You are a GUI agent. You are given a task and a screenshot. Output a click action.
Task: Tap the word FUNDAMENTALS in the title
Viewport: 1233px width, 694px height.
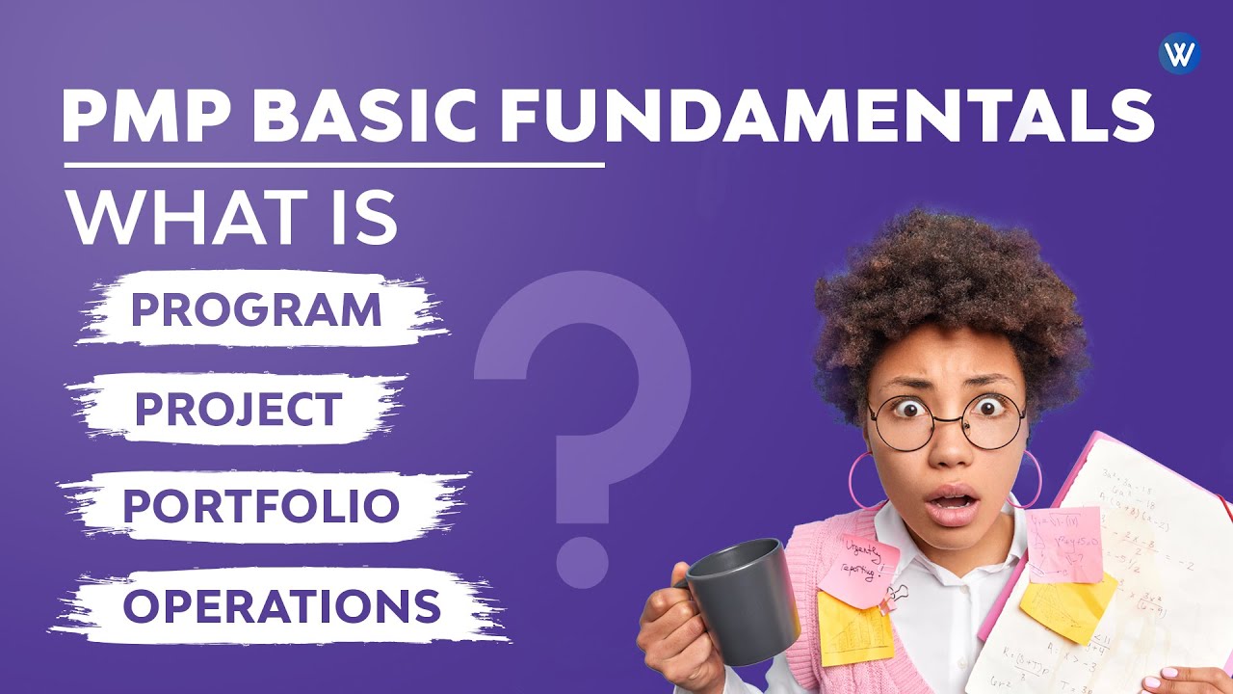[827, 118]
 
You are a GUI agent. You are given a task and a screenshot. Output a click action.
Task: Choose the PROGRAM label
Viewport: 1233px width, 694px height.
[256, 310]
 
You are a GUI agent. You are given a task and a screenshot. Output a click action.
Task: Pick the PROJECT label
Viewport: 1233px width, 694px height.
[238, 410]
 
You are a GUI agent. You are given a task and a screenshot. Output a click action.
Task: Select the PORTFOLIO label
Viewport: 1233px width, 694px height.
[261, 507]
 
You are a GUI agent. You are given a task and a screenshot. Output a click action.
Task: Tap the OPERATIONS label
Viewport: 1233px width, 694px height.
[282, 605]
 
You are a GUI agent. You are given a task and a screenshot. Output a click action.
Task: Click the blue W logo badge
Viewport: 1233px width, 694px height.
[1179, 53]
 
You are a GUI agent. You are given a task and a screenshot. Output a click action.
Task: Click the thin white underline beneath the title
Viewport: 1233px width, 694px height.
[333, 165]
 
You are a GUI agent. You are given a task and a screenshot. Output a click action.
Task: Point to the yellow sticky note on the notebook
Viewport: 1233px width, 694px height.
[1066, 603]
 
